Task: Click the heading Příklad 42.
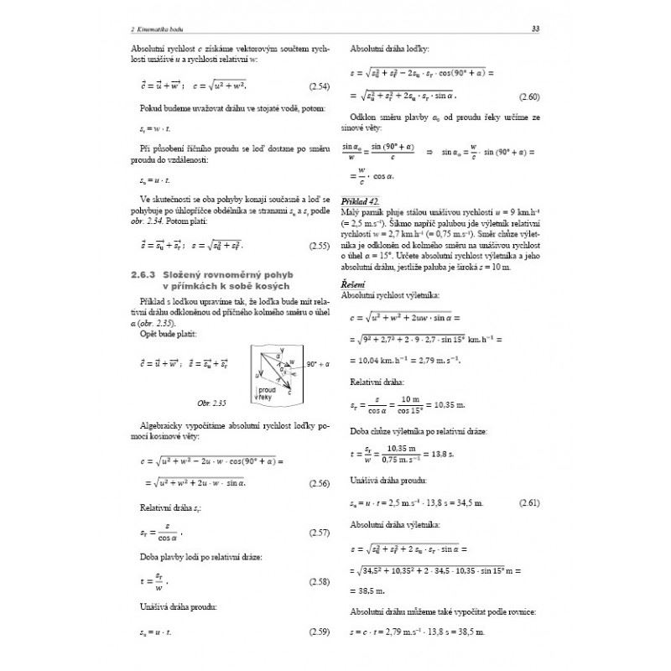pos(362,202)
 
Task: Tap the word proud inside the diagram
pos(267,389)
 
